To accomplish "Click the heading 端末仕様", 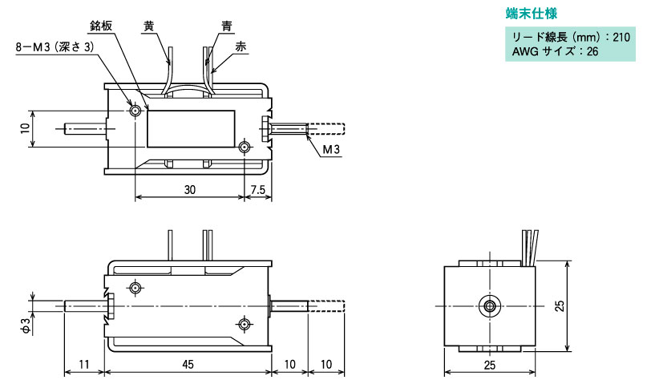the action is [531, 14].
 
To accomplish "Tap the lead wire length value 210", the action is [621, 38].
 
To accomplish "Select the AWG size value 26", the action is [592, 52].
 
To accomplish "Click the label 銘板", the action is [101, 26].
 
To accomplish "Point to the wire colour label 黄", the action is [149, 26].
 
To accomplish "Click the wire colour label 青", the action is [227, 26].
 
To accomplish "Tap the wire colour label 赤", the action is [241, 46].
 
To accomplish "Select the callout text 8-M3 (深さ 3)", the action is [55, 46].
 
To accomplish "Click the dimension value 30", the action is [190, 190].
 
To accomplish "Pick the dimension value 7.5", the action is [258, 190].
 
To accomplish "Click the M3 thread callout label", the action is [331, 149].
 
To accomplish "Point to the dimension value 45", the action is [188, 364].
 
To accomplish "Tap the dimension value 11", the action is [84, 364].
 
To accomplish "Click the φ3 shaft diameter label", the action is [26, 325].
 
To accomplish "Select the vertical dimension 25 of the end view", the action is [560, 306].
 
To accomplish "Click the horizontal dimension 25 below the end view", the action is [490, 365].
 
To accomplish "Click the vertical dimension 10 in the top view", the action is [26, 128].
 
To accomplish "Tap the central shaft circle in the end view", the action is [490, 306].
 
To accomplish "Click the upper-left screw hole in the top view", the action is [135, 111].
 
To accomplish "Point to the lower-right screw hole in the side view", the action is [244, 324].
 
